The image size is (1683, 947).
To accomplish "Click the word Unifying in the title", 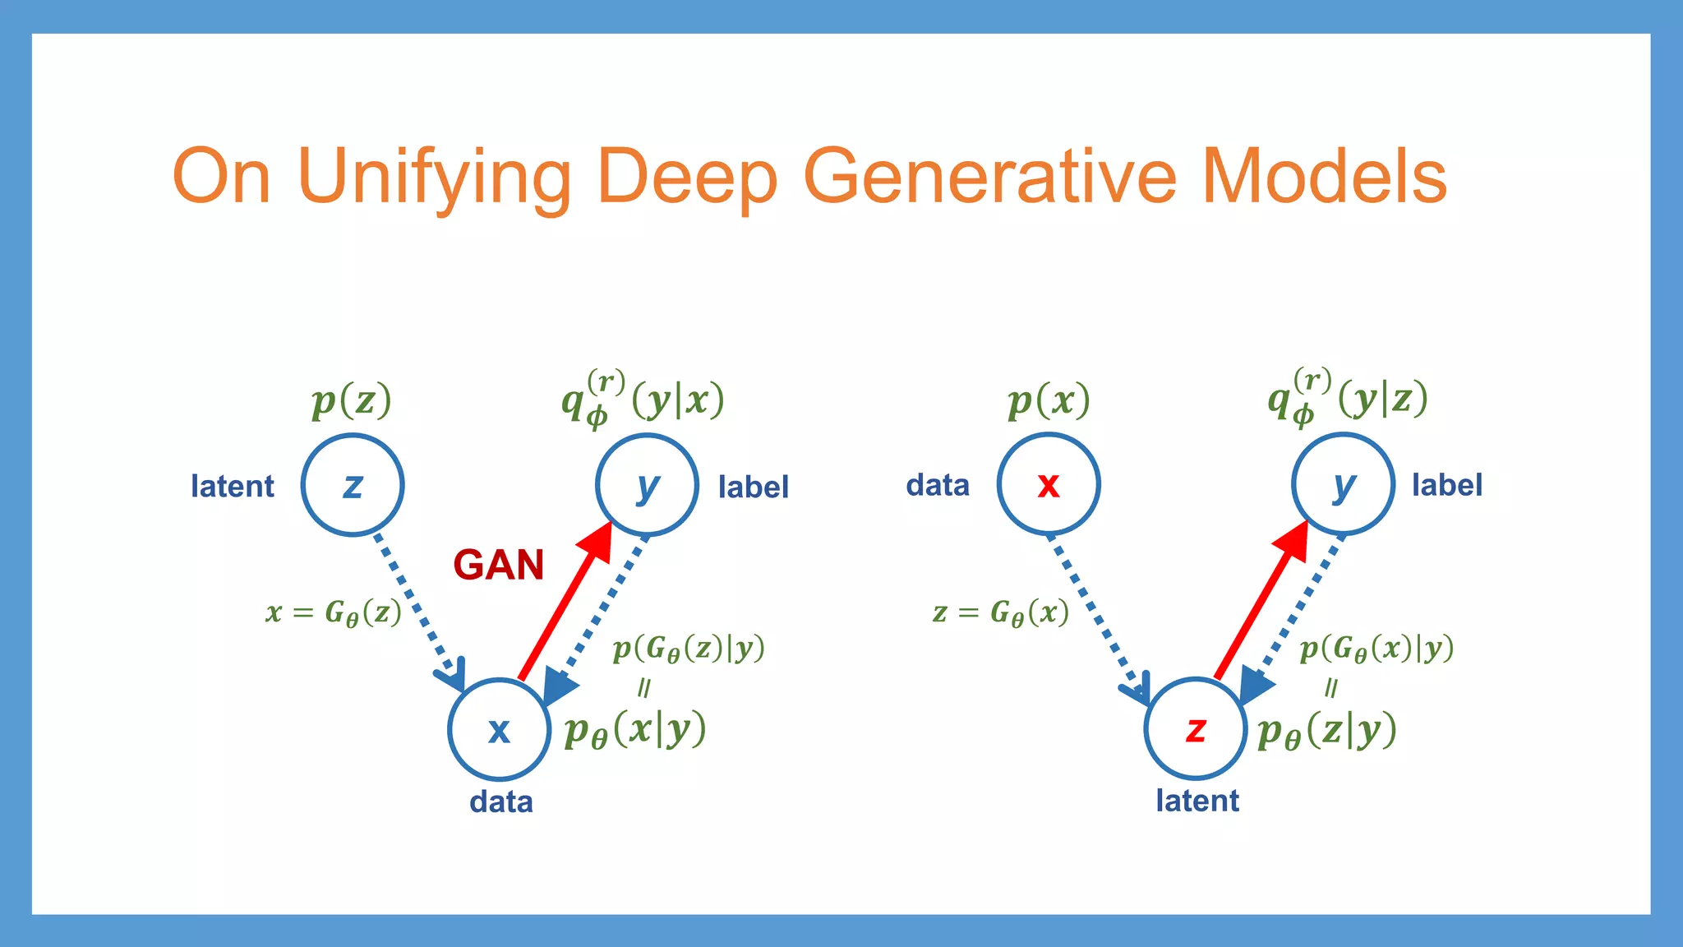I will [x=434, y=177].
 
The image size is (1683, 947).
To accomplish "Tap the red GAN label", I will [x=499, y=566].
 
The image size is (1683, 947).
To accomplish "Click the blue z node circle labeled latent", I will [x=353, y=485].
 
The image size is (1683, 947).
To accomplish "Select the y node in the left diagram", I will [x=647, y=485].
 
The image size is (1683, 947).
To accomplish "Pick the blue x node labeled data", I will [x=499, y=729].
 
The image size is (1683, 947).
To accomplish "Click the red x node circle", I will [x=1049, y=484].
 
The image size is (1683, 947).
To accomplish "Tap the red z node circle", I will [x=1196, y=728].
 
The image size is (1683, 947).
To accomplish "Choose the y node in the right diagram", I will [x=1343, y=484].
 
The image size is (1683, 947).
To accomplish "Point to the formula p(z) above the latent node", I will [x=352, y=401].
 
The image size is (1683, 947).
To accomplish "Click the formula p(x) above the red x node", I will [x=1049, y=401].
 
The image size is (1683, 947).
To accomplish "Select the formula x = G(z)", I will [x=334, y=612].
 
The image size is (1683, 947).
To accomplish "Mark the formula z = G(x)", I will [x=1001, y=612].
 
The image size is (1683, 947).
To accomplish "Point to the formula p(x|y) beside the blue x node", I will [x=635, y=729].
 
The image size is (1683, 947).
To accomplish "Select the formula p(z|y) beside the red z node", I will [x=1327, y=730].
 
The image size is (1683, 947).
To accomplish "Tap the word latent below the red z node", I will [x=1197, y=801].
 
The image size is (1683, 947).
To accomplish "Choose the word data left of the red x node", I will [x=938, y=485].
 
